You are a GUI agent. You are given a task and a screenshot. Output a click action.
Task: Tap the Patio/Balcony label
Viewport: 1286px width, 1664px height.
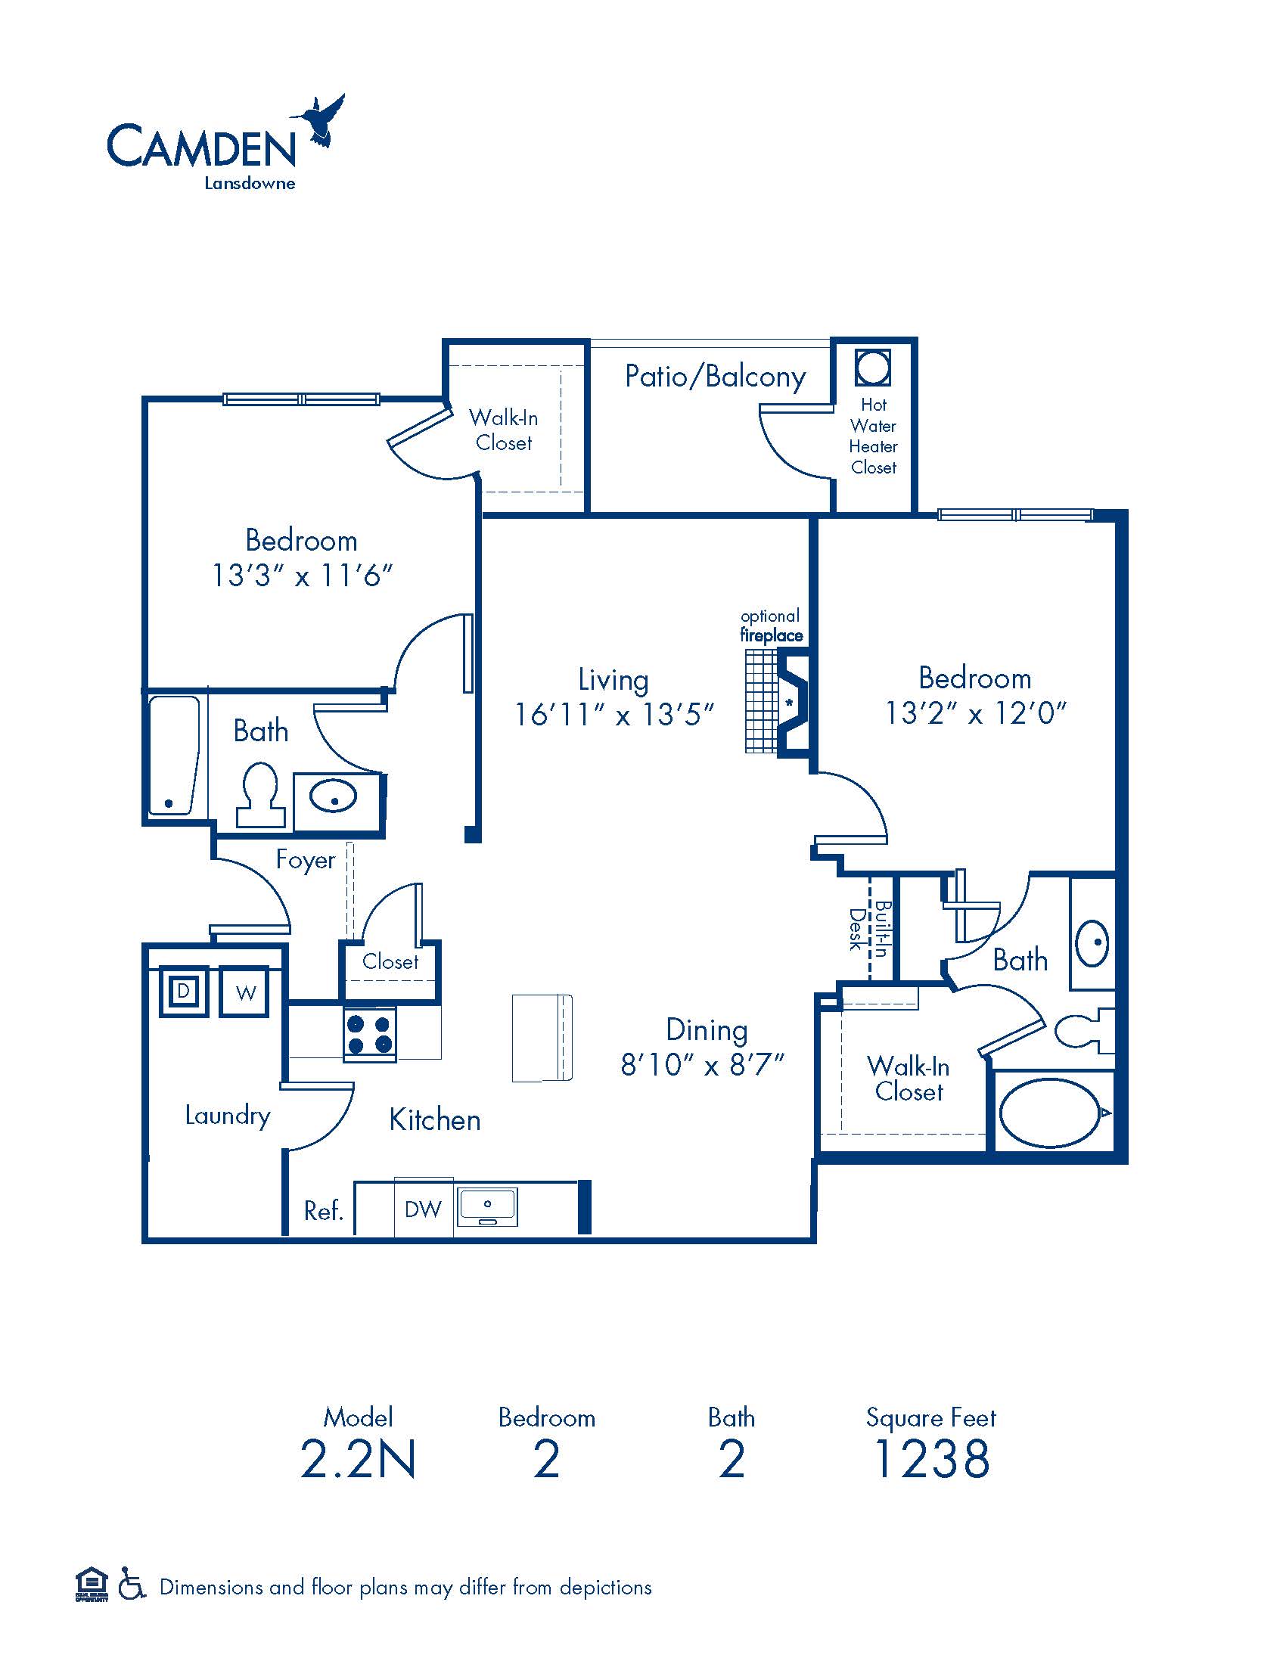click(x=715, y=377)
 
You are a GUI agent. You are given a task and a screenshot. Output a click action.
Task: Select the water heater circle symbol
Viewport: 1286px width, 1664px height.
click(x=872, y=368)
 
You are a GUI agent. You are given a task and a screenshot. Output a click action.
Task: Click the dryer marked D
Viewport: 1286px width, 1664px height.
click(x=183, y=992)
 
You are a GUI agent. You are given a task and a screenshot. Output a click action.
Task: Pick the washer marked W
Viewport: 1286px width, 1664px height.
click(x=244, y=992)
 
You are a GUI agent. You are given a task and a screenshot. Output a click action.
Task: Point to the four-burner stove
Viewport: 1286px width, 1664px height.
click(x=370, y=1034)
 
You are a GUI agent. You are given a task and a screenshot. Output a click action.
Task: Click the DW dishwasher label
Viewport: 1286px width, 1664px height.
click(x=424, y=1209)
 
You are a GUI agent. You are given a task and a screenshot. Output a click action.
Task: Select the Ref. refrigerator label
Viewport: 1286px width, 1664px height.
click(x=324, y=1210)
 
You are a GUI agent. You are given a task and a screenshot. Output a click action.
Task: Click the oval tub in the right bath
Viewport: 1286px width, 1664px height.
click(x=1051, y=1113)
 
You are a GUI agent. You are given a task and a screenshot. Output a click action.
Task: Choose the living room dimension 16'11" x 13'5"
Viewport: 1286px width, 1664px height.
click(x=615, y=715)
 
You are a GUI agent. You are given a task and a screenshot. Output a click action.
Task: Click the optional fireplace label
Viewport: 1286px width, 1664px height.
click(x=771, y=626)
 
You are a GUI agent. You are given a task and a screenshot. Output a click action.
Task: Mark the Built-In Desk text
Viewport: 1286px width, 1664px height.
click(x=869, y=929)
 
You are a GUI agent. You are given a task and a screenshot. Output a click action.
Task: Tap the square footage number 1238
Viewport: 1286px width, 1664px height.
click(x=932, y=1459)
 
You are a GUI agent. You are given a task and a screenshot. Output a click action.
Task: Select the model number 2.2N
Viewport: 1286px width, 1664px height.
click(x=358, y=1459)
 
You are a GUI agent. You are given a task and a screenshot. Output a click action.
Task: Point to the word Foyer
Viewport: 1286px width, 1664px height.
click(x=306, y=859)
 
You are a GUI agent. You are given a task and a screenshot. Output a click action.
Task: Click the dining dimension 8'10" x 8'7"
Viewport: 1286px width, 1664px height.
click(x=703, y=1064)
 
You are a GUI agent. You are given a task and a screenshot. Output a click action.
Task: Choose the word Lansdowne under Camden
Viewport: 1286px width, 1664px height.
click(x=249, y=183)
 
